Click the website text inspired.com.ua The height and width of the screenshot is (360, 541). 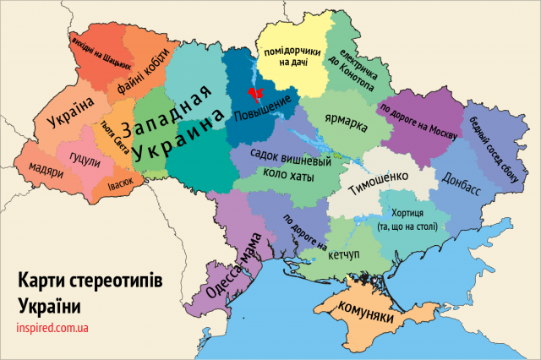click(53, 326)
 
